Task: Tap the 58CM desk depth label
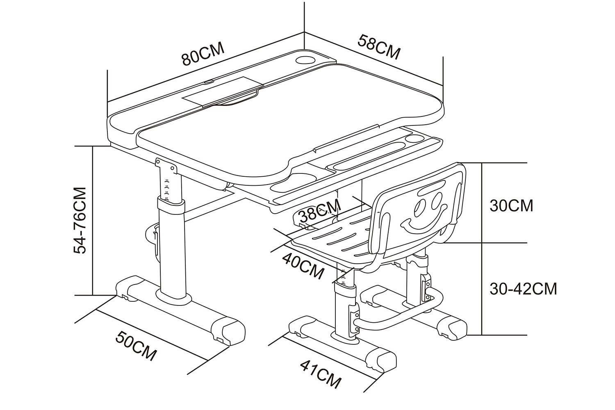(379, 47)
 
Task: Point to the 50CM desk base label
(136, 346)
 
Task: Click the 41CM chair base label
(320, 374)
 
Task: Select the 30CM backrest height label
(511, 205)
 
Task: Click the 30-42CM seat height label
(523, 289)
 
